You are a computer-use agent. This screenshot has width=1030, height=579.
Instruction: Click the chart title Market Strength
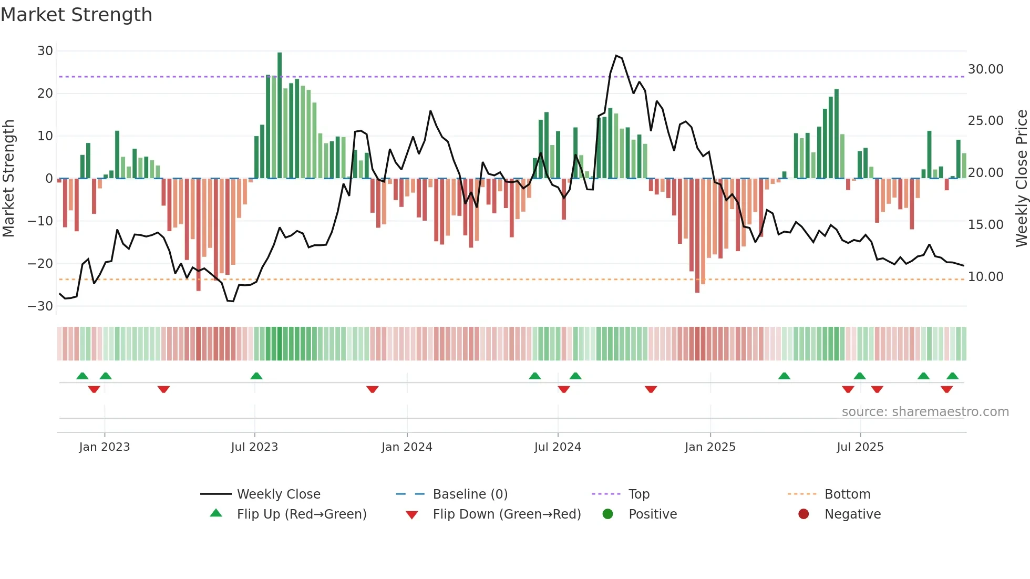[x=76, y=15]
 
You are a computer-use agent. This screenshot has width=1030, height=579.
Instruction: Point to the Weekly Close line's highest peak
[x=616, y=56]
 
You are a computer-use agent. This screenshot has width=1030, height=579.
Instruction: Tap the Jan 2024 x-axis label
[x=407, y=447]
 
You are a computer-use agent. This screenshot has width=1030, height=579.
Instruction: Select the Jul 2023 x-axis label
[x=254, y=447]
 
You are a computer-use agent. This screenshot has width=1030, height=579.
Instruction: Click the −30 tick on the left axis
[x=41, y=306]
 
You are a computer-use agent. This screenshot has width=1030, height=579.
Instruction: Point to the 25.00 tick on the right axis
[x=985, y=121]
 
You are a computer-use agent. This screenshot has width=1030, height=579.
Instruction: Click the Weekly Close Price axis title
[x=1021, y=179]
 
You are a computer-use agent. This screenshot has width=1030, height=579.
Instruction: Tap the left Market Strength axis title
[x=8, y=179]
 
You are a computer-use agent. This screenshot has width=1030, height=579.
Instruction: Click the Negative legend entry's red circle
[x=804, y=514]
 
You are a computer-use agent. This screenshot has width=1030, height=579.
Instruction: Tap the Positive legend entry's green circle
[x=607, y=514]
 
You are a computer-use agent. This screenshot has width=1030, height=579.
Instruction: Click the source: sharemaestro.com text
[x=925, y=412]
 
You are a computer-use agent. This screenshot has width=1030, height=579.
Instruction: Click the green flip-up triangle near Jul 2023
[x=256, y=376]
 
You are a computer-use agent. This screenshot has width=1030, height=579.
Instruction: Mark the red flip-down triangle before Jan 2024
[x=373, y=389]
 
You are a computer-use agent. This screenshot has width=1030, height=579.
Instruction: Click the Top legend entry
[x=638, y=494]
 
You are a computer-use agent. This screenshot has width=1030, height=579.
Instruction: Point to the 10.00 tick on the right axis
[x=985, y=277]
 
